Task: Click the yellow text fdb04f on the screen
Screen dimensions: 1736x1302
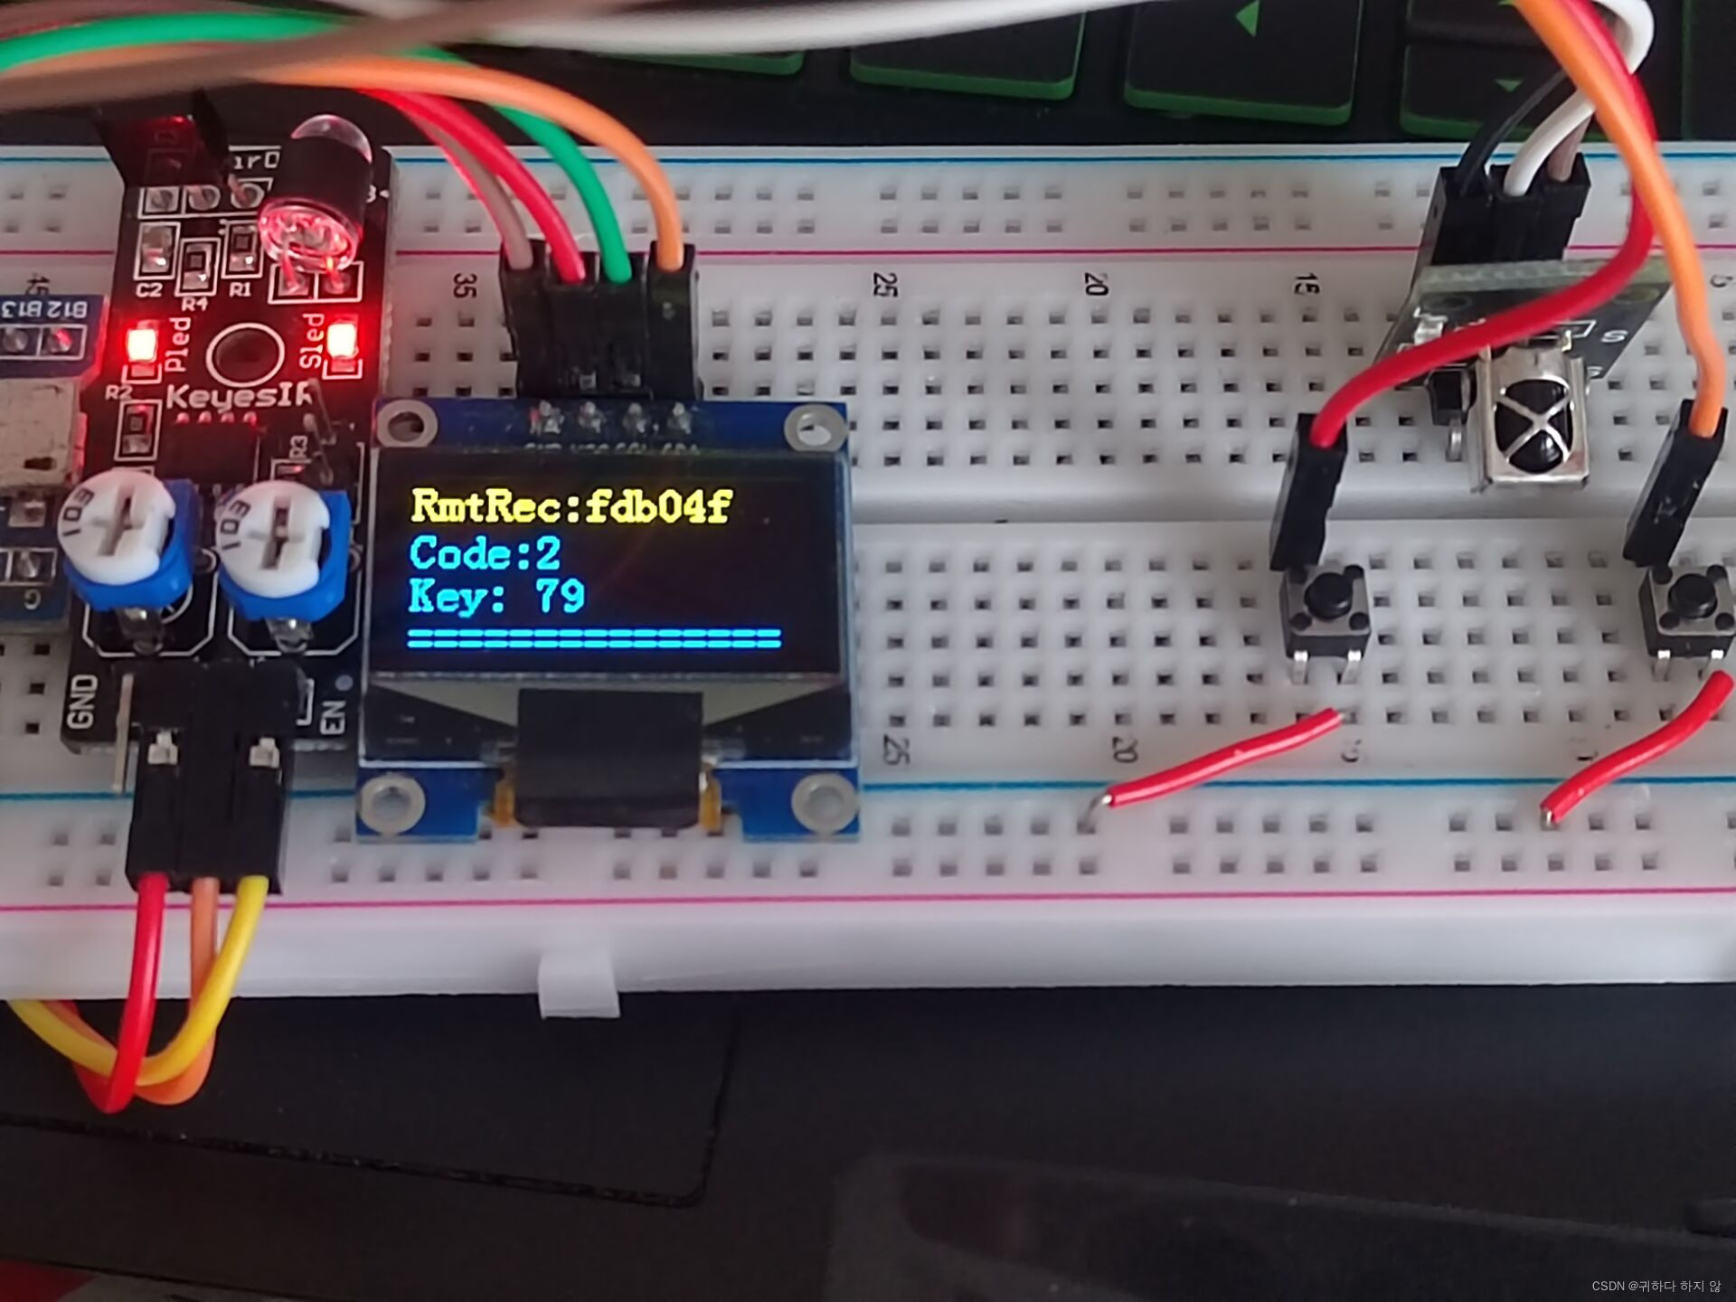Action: pos(657,506)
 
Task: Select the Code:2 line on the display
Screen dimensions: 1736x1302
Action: pos(485,553)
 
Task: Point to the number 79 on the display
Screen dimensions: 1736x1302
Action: pos(561,597)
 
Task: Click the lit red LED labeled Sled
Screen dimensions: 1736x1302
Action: pos(341,341)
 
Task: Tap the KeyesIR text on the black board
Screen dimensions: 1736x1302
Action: pos(237,396)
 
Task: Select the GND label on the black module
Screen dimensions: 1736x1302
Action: pos(82,701)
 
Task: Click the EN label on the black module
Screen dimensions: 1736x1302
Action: pos(333,716)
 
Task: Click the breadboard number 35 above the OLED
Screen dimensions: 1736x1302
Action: pos(464,286)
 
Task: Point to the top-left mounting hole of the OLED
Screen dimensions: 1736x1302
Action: pos(407,424)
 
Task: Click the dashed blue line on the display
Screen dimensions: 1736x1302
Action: pos(593,637)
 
